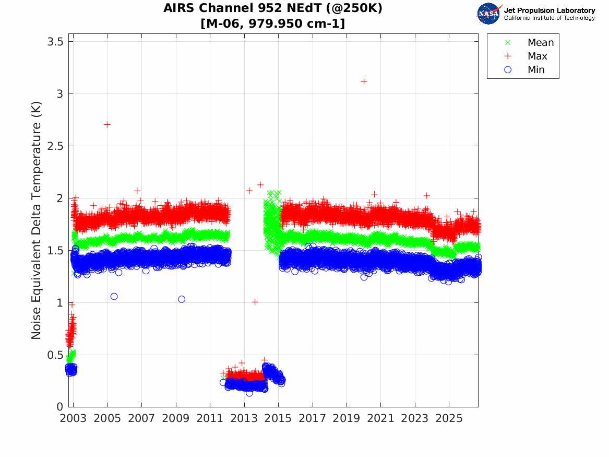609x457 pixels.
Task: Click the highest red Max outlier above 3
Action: (364, 81)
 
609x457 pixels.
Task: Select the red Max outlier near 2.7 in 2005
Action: (107, 124)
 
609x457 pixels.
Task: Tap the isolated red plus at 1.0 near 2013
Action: (255, 302)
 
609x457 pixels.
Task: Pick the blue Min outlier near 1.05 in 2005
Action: (114, 297)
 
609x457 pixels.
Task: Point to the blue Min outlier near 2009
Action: (182, 299)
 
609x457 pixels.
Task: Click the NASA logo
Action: (489, 14)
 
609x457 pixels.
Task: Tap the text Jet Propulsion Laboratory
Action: (550, 10)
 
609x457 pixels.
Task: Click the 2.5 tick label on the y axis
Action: (55, 146)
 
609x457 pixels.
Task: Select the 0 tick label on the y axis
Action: (60, 407)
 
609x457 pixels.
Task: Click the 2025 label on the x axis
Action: (449, 418)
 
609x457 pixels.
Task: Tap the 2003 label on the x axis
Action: (73, 418)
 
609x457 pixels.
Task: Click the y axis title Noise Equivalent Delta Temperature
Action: (36, 220)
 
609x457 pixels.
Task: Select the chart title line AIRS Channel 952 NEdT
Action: (273, 8)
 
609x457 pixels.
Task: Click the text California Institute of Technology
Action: (550, 18)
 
